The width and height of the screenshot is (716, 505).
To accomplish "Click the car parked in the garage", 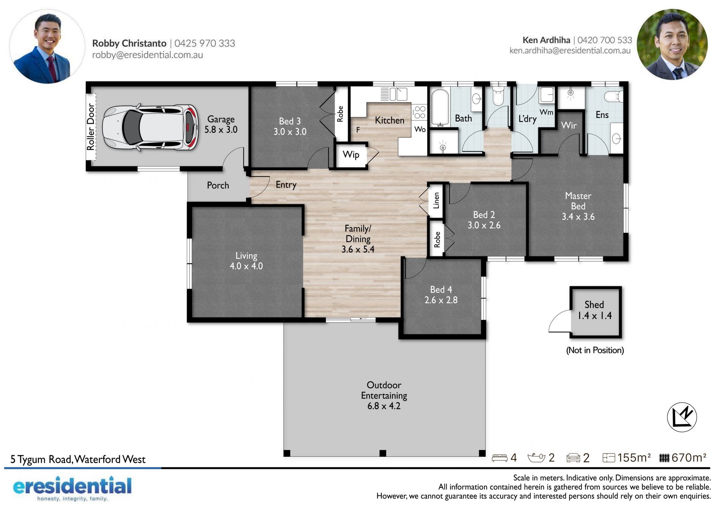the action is pyautogui.click(x=150, y=127).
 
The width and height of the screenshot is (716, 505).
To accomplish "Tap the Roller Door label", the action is pyautogui.click(x=91, y=127).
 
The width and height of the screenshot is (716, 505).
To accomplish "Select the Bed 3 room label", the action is pyautogui.click(x=290, y=121).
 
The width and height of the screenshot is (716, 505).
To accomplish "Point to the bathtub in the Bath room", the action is pyautogui.click(x=440, y=107).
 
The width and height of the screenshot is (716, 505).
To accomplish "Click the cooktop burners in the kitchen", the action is pyautogui.click(x=420, y=112).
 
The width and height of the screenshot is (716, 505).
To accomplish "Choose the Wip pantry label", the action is pyautogui.click(x=351, y=155).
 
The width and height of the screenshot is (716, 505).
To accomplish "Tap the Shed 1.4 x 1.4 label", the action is pyautogui.click(x=594, y=310).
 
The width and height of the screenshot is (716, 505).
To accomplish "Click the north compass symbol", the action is pyautogui.click(x=682, y=417).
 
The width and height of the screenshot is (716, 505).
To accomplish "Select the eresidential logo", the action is pyautogui.click(x=72, y=488).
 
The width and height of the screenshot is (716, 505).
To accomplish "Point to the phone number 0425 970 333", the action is pyautogui.click(x=205, y=43).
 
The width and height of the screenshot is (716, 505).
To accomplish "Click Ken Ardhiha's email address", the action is pyautogui.click(x=570, y=50).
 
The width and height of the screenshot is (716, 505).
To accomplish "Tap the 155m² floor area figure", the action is pyautogui.click(x=634, y=458).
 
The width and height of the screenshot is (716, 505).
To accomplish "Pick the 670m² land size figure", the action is pyautogui.click(x=689, y=458).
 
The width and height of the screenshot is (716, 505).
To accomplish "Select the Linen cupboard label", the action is pyautogui.click(x=436, y=200).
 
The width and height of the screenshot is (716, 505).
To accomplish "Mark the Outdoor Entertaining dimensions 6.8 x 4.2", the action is pyautogui.click(x=384, y=406).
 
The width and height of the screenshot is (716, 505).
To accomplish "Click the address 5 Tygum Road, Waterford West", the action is pyautogui.click(x=78, y=459).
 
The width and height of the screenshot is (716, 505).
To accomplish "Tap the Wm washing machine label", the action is pyautogui.click(x=546, y=112).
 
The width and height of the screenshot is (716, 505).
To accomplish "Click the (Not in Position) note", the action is pyautogui.click(x=595, y=350).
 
